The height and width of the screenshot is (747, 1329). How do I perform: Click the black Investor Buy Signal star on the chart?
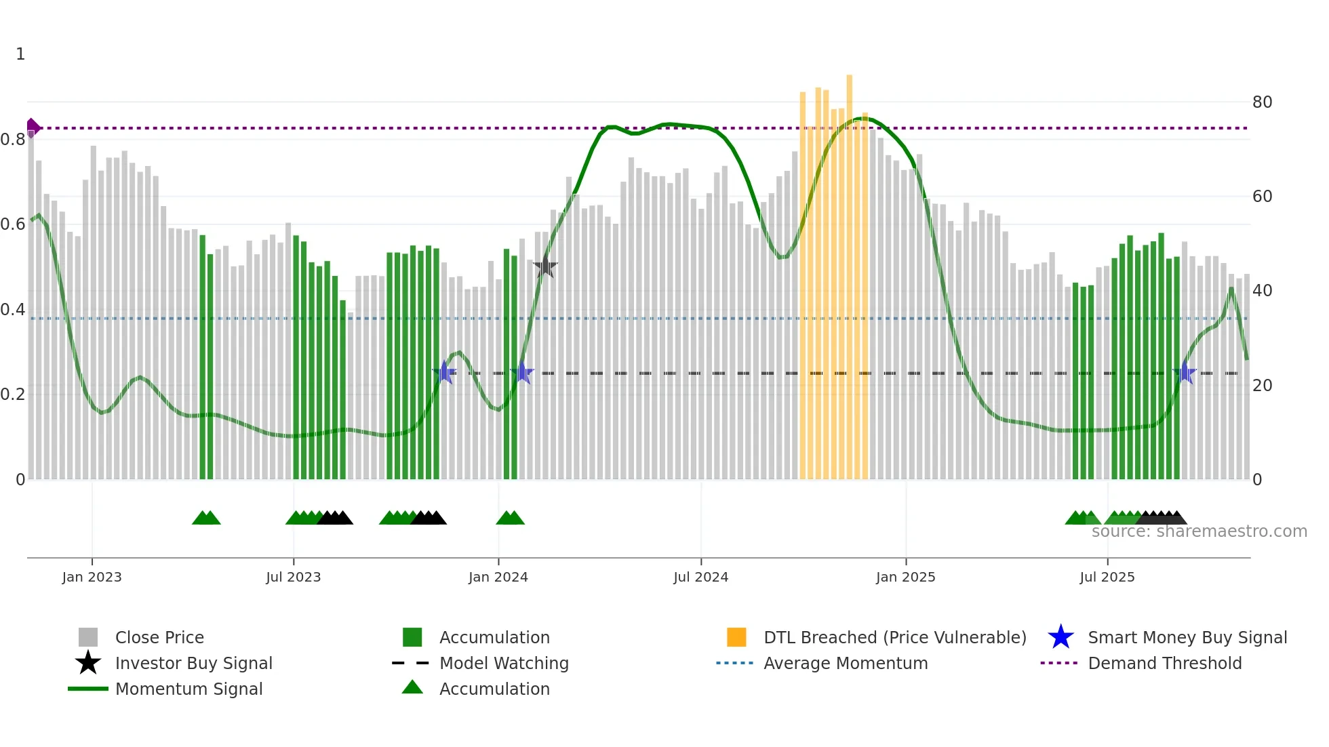click(544, 267)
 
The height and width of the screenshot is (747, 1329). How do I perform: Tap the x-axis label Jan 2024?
click(498, 577)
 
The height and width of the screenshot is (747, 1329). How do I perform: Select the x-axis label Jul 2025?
click(1107, 577)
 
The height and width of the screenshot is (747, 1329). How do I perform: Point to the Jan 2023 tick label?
click(92, 577)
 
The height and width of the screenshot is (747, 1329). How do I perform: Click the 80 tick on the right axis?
click(1262, 102)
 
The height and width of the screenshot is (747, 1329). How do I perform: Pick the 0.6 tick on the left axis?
click(14, 224)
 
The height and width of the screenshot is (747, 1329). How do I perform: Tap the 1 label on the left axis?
click(20, 54)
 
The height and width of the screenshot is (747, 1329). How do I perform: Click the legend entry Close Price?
click(159, 637)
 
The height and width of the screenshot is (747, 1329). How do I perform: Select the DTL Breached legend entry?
click(894, 637)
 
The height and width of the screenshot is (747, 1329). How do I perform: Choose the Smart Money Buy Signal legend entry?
click(1187, 637)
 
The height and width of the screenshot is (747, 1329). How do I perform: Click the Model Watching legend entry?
click(504, 663)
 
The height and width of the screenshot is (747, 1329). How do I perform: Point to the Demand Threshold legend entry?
click(1164, 663)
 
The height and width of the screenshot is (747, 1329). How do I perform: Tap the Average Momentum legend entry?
click(846, 663)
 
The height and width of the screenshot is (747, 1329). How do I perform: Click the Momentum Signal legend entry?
click(189, 689)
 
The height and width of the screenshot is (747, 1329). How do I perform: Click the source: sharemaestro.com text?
click(1199, 531)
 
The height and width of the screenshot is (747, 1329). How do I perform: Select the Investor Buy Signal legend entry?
click(193, 663)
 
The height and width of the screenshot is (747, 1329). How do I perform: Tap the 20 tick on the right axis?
click(1262, 386)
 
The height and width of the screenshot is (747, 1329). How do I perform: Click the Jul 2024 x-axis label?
click(700, 577)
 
